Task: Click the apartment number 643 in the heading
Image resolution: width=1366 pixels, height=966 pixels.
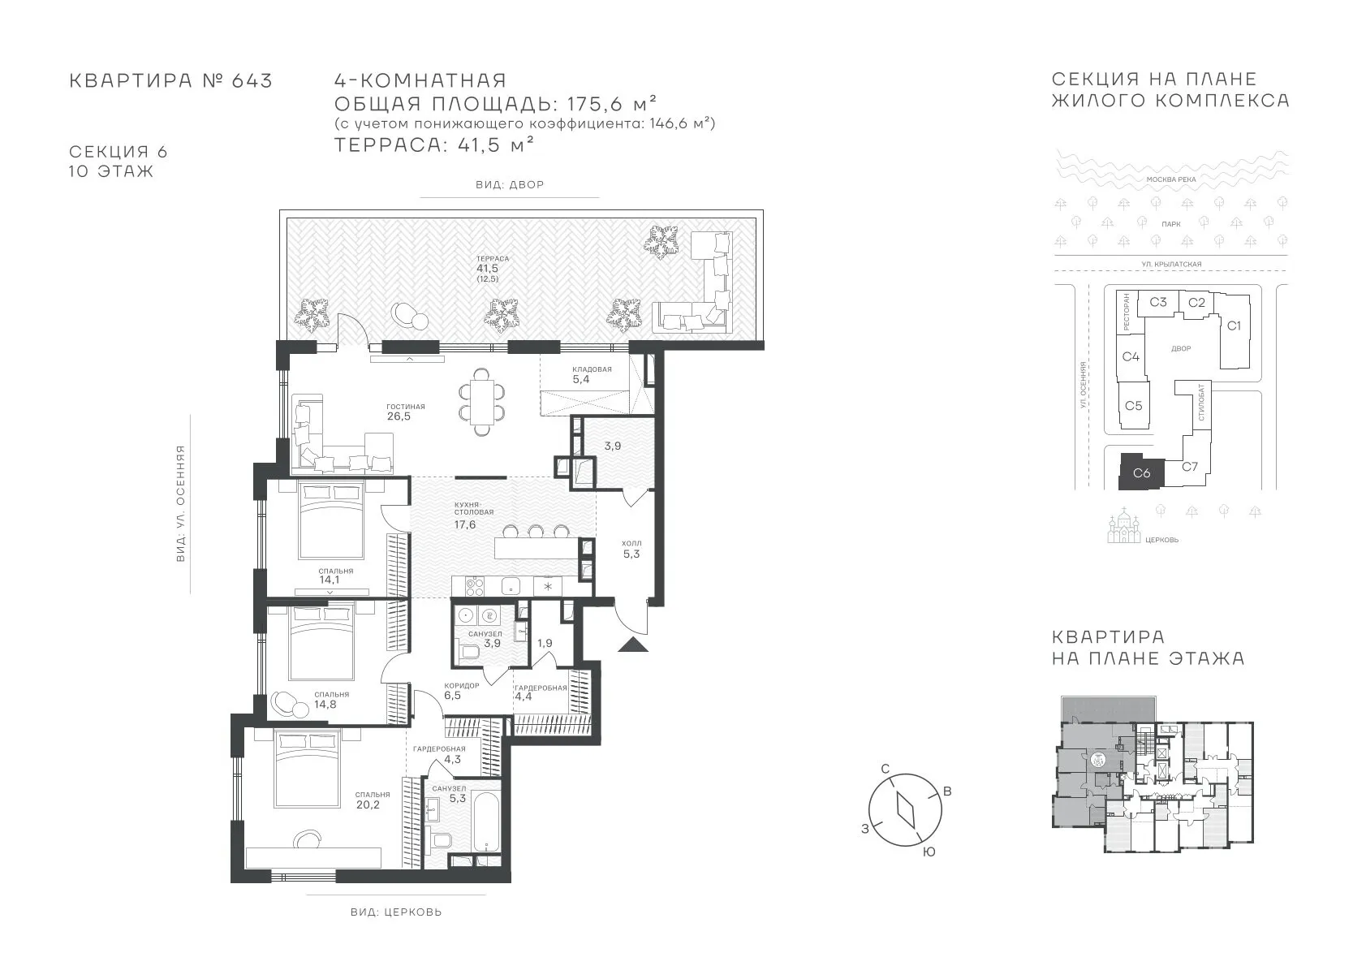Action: [252, 80]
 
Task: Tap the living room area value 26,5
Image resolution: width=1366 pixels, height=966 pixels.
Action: [399, 416]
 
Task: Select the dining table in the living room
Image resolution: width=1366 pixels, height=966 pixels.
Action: [482, 402]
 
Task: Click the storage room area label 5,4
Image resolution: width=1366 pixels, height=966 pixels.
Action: [581, 379]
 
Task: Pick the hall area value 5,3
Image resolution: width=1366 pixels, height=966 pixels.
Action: [631, 554]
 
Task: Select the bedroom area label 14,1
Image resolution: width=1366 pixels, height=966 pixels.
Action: [330, 580]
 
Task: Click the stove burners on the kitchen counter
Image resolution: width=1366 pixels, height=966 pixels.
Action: [475, 587]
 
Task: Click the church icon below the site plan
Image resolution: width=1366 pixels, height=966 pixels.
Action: [1124, 526]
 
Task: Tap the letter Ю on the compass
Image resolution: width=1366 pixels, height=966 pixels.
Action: [929, 852]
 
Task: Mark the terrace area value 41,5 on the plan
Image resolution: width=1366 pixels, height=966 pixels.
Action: [487, 269]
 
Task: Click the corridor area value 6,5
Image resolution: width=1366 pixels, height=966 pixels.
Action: [452, 695]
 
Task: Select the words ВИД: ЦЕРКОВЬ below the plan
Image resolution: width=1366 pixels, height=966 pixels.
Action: [396, 912]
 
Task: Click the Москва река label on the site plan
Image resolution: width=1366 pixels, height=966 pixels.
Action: [1171, 179]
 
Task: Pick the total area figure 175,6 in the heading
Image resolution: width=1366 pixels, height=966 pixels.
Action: [597, 104]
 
